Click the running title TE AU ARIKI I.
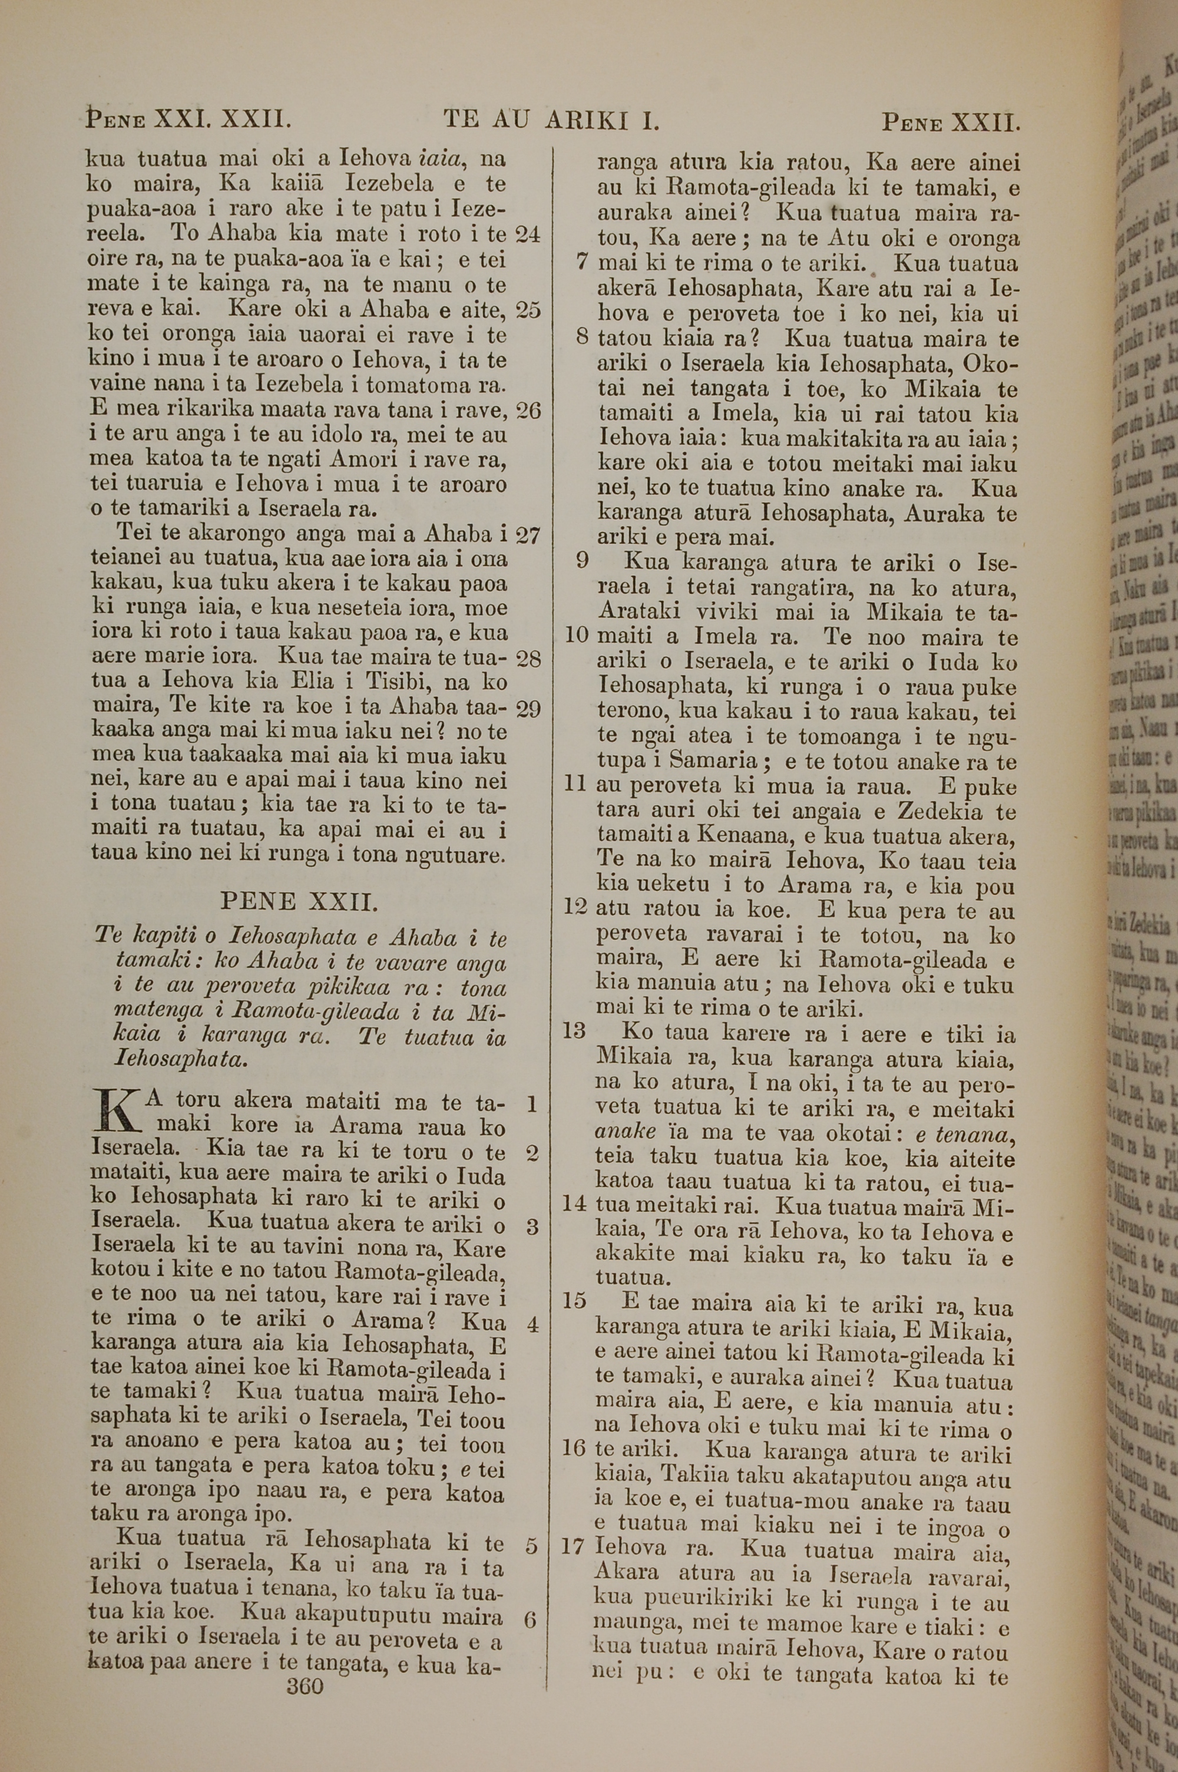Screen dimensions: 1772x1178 pyautogui.click(x=551, y=120)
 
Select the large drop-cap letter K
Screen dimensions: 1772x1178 pyautogui.click(x=115, y=1112)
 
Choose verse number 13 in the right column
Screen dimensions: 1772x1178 pyautogui.click(x=574, y=1030)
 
